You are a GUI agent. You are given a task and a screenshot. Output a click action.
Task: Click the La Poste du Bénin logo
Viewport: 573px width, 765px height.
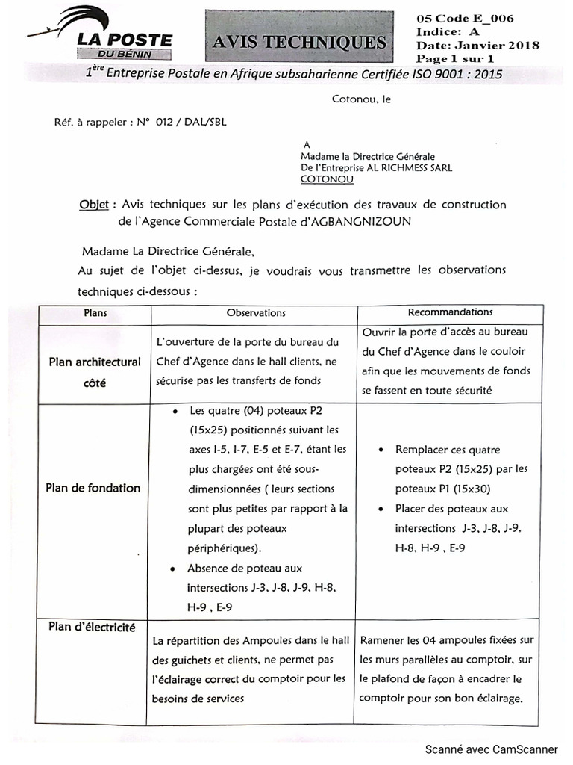(101, 34)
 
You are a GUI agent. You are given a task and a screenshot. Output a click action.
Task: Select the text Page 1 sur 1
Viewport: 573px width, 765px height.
(456, 59)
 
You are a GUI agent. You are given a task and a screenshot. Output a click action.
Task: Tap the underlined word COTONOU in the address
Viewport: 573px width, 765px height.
(327, 180)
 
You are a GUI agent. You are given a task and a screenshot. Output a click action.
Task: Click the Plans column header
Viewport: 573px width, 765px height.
(94, 313)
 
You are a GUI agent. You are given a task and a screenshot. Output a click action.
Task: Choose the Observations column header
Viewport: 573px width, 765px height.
(256, 313)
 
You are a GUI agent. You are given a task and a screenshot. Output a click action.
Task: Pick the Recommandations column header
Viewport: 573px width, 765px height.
(450, 312)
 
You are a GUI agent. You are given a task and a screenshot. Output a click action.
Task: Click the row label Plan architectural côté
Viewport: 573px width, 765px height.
(95, 372)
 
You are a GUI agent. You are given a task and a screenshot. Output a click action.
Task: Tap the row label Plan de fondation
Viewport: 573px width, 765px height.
(93, 488)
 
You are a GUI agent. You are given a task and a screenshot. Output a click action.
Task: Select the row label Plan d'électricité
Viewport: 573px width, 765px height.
(93, 628)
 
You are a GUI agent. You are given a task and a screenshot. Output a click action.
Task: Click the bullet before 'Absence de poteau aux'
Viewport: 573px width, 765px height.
(175, 569)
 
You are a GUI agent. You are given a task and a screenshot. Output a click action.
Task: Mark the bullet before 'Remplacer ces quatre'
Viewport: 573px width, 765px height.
(381, 450)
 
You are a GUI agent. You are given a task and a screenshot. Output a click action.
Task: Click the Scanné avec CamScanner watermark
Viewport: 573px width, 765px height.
(492, 749)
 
